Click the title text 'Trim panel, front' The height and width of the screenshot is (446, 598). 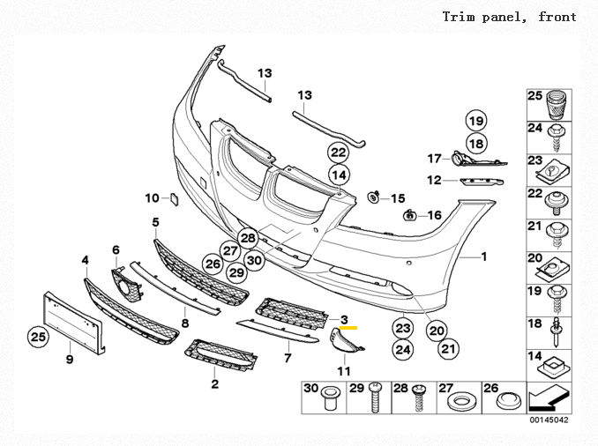[x=509, y=17]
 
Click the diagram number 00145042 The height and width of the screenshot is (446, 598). [x=548, y=420]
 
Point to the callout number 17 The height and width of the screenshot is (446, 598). [x=433, y=159]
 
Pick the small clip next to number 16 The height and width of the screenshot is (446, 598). [x=410, y=214]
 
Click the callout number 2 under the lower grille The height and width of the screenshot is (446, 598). [x=214, y=383]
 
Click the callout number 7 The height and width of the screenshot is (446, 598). [x=287, y=358]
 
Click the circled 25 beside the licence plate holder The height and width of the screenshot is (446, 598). [x=38, y=336]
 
